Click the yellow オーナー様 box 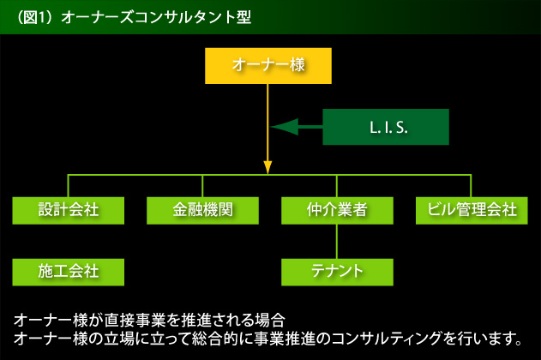268,66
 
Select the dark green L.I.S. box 386,127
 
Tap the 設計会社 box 69,210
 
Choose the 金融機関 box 202,210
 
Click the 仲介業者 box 337,210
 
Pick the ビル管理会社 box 472,210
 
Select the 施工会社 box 69,272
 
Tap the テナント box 337,272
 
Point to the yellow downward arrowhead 267,167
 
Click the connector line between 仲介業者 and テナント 337,242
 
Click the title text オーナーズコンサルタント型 156,17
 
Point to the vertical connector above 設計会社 68,186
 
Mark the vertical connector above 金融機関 202,186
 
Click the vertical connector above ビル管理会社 471,186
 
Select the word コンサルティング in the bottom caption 387,339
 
